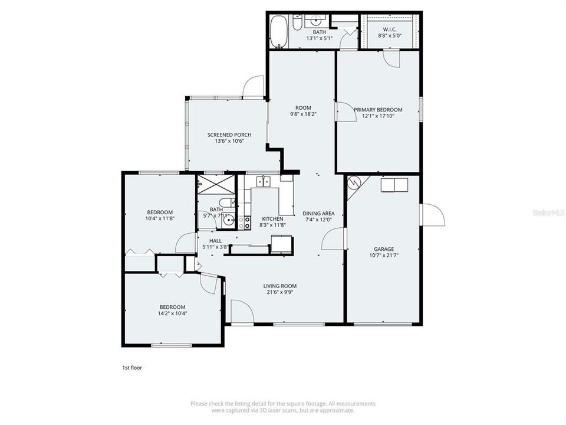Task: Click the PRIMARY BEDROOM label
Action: [378, 110]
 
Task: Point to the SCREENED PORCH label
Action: [229, 135]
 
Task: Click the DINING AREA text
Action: [318, 213]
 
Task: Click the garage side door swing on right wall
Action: [432, 215]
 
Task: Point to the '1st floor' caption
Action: [131, 368]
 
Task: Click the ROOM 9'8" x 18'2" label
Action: [303, 114]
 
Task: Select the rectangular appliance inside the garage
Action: [394, 185]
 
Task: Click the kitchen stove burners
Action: [248, 223]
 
